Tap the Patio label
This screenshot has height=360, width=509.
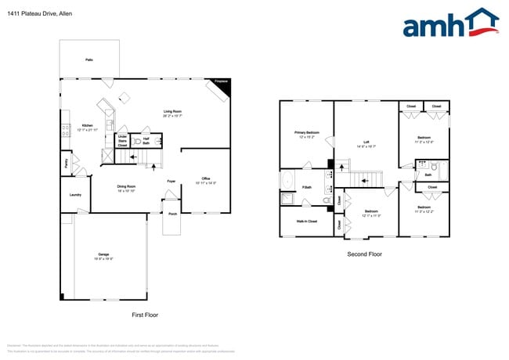coord(88,59)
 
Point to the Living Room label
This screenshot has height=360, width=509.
coord(173,112)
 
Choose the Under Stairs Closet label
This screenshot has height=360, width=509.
coord(122,141)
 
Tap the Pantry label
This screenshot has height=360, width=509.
coord(66,163)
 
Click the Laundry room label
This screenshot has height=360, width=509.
coord(76,195)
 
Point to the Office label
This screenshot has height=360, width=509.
coord(205,180)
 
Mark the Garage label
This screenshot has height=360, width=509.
coord(103,255)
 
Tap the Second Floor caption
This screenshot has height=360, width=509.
coord(364,254)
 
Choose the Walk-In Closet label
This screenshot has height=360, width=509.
coord(306,221)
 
